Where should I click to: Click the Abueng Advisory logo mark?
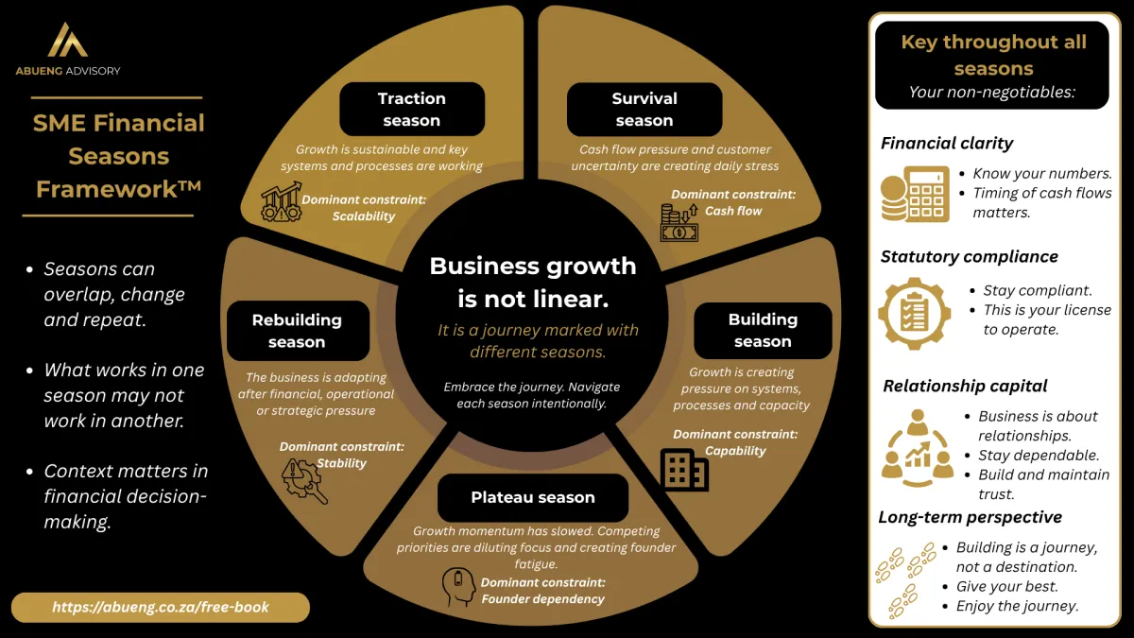coord(67,40)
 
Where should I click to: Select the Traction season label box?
coord(412,109)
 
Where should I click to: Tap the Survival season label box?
coord(644,109)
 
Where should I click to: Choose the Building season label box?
coord(763,331)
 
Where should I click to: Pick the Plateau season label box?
coord(533,497)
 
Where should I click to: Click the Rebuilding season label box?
coord(297,331)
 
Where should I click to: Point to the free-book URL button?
coord(160,607)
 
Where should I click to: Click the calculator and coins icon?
coord(915,195)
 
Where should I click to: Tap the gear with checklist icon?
coord(915,314)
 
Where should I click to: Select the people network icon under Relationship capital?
coord(917,448)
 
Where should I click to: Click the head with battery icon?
coord(458,586)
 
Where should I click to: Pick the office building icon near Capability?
coord(684,470)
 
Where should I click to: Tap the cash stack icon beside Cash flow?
coord(679,223)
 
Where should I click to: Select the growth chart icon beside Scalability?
coord(282,202)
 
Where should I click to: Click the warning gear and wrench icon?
coord(304,481)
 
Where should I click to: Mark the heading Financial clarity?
coord(947,144)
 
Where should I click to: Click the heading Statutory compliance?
coord(969,257)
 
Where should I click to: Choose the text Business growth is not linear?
coord(533,283)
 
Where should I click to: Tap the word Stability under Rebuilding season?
coord(341,463)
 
